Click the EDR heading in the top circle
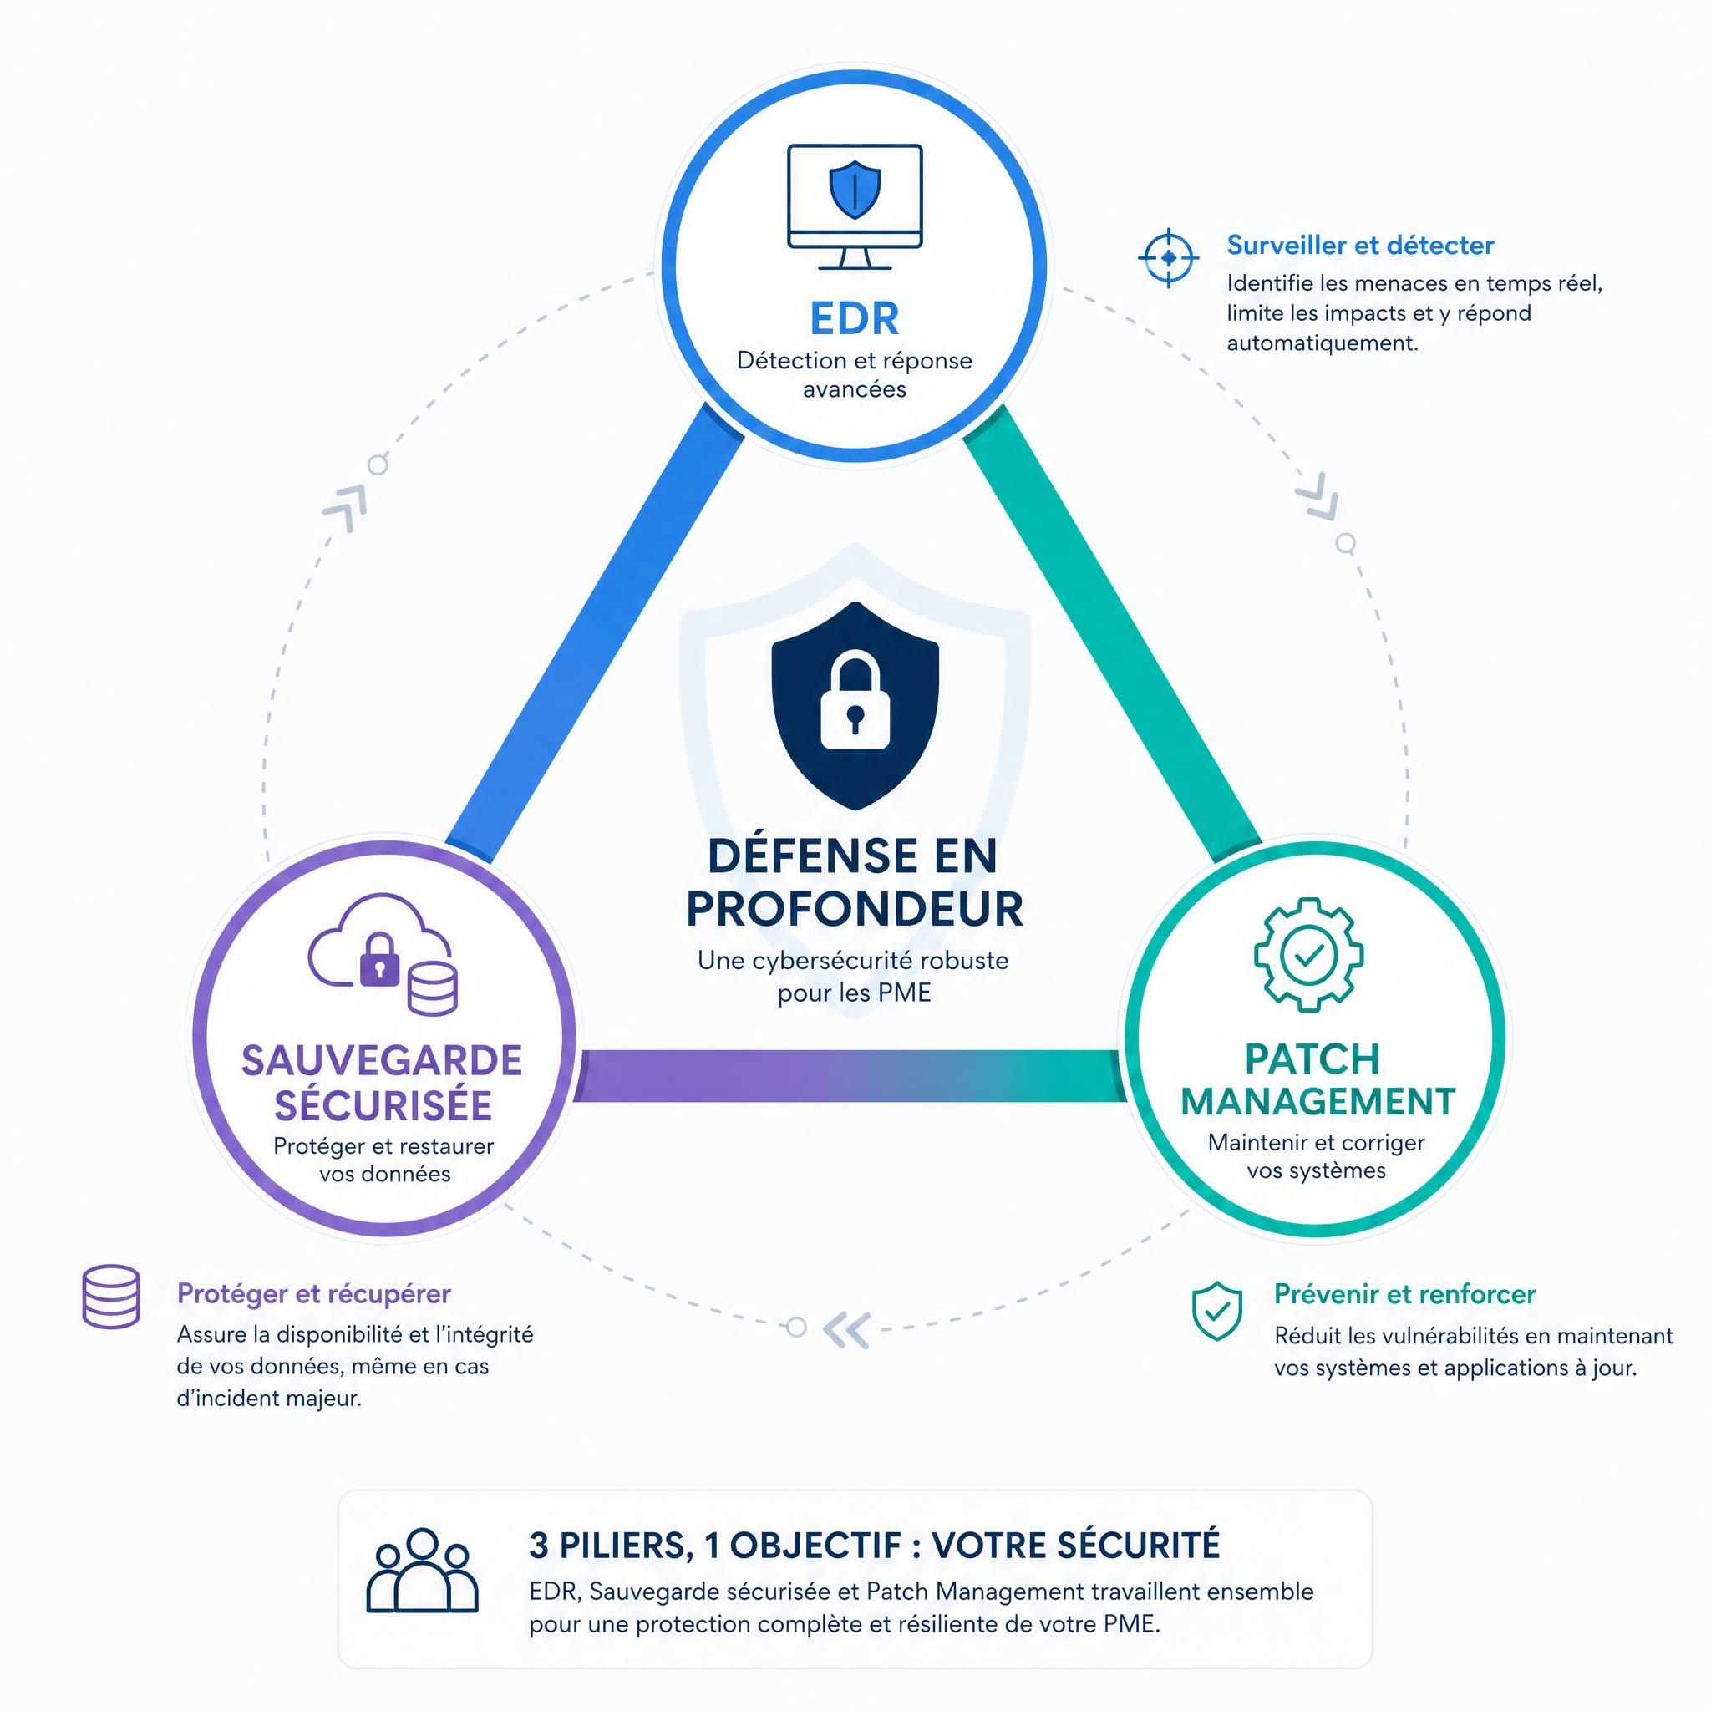pos(855,318)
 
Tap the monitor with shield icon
pos(855,207)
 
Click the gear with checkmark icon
pos(1308,955)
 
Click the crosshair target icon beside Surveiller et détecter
pos(1168,257)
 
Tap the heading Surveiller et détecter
pos(1360,246)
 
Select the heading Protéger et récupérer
pos(314,1294)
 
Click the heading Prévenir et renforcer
pos(1404,1294)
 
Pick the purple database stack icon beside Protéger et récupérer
pos(111,1297)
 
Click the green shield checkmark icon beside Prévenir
pos(1216,1311)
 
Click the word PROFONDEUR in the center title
pos(855,909)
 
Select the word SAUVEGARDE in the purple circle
pos(382,1060)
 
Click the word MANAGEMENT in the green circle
pos(1318,1102)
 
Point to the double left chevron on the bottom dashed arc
pos(846,1329)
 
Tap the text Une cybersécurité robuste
pos(853,960)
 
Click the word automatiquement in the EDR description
pos(1323,343)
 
